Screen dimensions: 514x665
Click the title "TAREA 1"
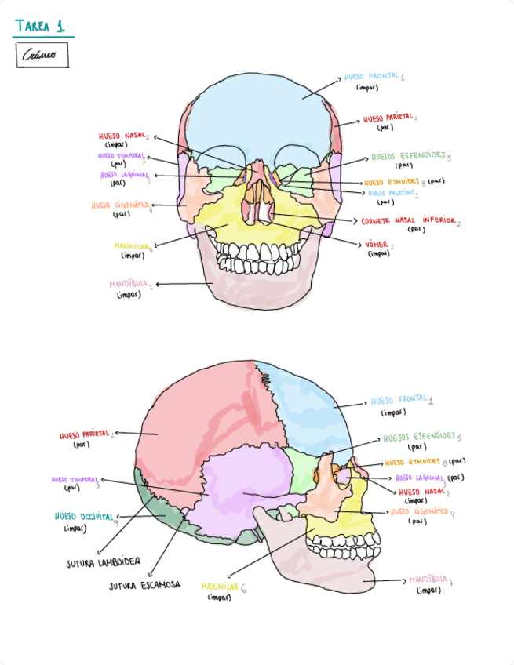click(x=40, y=27)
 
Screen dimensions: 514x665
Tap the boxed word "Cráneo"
click(x=41, y=56)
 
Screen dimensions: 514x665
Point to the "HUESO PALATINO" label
click(x=392, y=192)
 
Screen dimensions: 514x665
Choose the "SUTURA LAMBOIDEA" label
click(x=103, y=562)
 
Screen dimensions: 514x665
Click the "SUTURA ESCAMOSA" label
click(x=145, y=585)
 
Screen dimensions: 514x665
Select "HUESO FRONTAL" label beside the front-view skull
click(x=372, y=78)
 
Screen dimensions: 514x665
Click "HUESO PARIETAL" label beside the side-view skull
click(x=86, y=434)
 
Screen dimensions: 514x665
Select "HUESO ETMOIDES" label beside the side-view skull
click(x=413, y=462)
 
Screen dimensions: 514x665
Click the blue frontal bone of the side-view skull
click(x=314, y=416)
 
